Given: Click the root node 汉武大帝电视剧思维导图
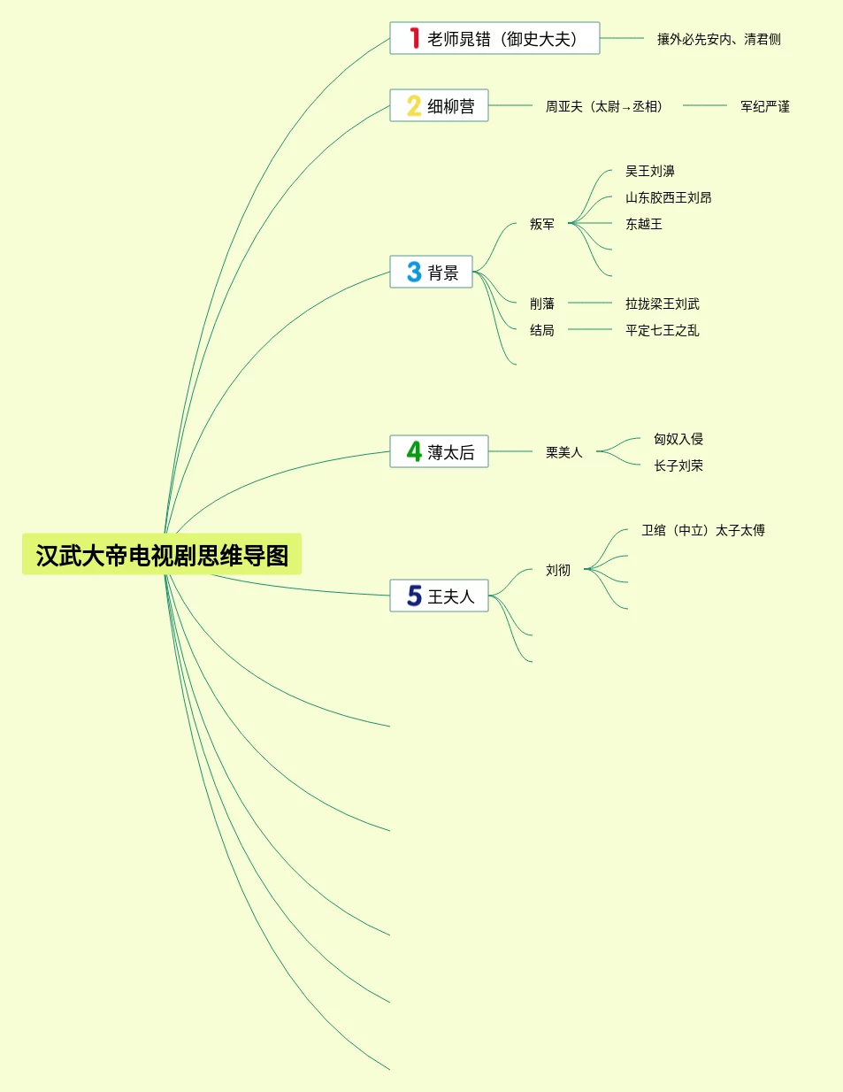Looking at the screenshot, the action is (162, 555).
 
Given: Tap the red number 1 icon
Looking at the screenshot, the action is (414, 38).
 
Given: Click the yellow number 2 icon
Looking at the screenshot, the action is (414, 106).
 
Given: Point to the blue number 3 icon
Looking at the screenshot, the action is (414, 272).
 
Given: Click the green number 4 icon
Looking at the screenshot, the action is (414, 451).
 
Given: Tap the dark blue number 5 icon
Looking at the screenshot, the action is (414, 596).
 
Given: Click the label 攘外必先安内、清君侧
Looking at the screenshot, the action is (718, 39).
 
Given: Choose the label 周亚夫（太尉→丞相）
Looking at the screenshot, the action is (603, 106).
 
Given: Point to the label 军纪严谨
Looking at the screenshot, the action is (764, 106).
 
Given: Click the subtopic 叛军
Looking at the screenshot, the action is (542, 224).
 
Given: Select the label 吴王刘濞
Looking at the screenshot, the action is (649, 171).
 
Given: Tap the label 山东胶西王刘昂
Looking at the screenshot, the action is (668, 197).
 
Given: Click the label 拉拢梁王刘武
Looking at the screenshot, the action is (662, 304).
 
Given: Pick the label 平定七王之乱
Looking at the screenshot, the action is (662, 330).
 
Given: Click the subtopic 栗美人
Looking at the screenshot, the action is (563, 452).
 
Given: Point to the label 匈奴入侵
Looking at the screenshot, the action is (678, 439).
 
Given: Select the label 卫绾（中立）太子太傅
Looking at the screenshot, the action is (702, 530).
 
